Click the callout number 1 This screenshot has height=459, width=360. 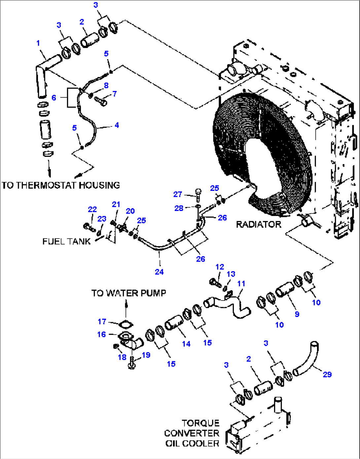pos(38,43)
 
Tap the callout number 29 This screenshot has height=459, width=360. pos(327,374)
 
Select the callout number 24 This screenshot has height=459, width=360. pos(159,272)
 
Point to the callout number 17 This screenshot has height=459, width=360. pos(102,321)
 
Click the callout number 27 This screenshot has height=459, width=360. pos(178,194)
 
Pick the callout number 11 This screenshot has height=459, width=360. pos(241,283)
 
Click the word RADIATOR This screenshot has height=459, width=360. pos(258,225)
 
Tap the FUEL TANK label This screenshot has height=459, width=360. pos(66,241)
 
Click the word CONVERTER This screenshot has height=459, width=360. pos(192,433)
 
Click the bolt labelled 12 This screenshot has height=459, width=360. pos(215,283)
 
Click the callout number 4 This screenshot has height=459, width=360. pos(117,125)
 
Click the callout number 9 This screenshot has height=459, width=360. pos(297,314)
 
